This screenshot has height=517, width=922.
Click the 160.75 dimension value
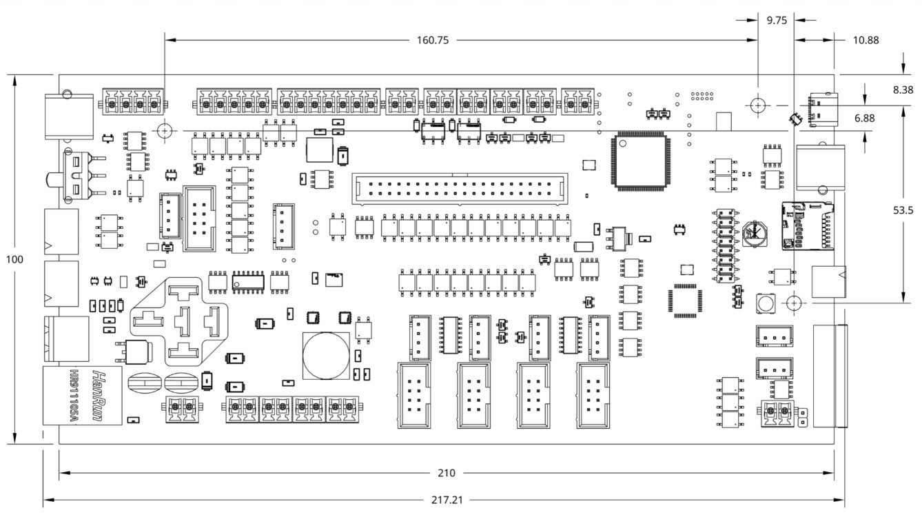433,41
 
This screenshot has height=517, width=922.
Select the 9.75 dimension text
777,21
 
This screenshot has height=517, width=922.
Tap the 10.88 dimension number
865,41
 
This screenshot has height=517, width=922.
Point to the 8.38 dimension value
903,90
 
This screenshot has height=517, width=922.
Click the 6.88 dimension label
864,119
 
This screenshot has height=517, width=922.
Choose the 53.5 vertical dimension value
903,210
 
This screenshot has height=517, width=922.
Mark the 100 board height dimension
14,259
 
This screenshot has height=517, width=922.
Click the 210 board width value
447,473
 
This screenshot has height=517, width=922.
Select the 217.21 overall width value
447,500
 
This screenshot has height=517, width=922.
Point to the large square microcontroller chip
640,161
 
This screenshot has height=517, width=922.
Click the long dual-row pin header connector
460,189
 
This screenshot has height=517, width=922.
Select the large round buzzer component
326,356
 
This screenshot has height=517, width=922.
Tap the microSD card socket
808,226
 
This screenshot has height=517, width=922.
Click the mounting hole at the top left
165,131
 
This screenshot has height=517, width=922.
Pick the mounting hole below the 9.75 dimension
758,105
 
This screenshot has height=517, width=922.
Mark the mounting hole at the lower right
794,303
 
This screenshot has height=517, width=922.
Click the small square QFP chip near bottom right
685,301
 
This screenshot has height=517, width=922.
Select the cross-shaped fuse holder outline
179,321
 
